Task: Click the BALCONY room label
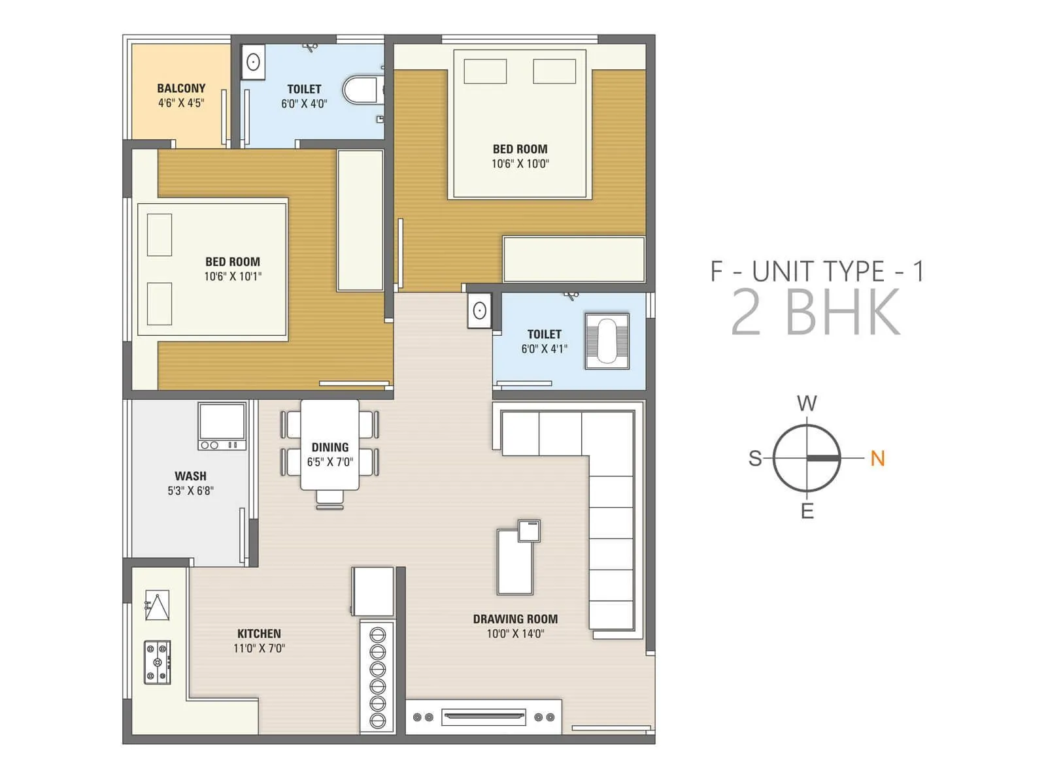[181, 88]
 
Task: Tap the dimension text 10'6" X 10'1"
[233, 276]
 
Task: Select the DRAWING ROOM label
[515, 619]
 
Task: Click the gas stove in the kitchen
[158, 662]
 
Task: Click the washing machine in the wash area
[222, 426]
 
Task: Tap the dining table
[330, 444]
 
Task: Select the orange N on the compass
[877, 459]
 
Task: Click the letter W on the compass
[807, 403]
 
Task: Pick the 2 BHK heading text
[815, 313]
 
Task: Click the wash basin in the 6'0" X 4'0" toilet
[253, 62]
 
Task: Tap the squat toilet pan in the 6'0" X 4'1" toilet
[607, 341]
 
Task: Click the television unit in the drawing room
[483, 717]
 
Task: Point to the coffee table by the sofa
[515, 562]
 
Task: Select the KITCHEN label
[259, 634]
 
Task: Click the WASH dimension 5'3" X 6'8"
[190, 491]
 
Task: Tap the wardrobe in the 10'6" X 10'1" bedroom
[360, 220]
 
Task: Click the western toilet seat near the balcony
[360, 90]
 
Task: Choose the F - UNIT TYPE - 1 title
[817, 271]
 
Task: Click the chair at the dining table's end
[330, 498]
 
